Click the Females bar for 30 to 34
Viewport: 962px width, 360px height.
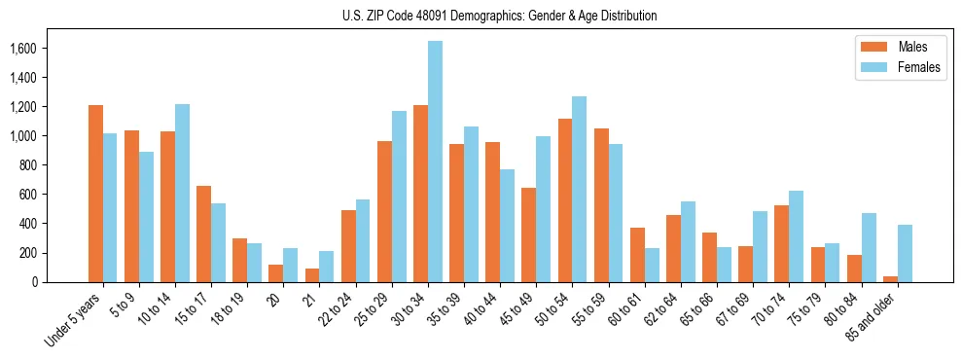click(435, 162)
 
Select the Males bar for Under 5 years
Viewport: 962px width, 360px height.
click(95, 194)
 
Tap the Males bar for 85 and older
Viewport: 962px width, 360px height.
click(890, 279)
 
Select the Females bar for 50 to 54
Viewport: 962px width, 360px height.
click(580, 189)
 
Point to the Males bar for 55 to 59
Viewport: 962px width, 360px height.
click(601, 205)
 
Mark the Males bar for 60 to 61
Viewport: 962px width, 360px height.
click(637, 255)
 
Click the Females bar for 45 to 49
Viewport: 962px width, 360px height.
click(544, 209)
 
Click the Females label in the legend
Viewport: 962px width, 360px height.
click(919, 68)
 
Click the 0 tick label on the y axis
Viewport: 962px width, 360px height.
click(60, 282)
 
